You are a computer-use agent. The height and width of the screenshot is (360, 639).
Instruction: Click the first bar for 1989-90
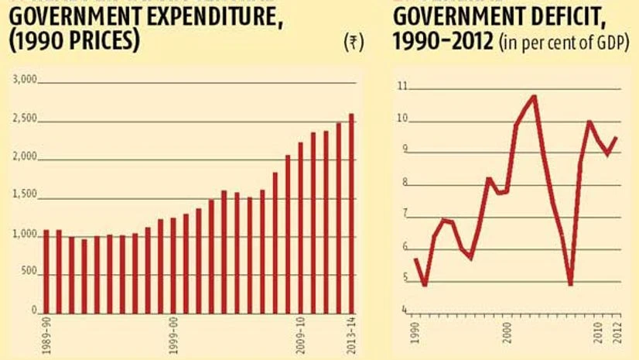coord(46,271)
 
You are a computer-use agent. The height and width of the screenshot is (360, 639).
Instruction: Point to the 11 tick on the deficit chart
coord(401,87)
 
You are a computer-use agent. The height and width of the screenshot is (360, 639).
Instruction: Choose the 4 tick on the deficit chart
coord(402,310)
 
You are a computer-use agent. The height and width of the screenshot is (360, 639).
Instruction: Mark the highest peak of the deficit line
coord(534,96)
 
